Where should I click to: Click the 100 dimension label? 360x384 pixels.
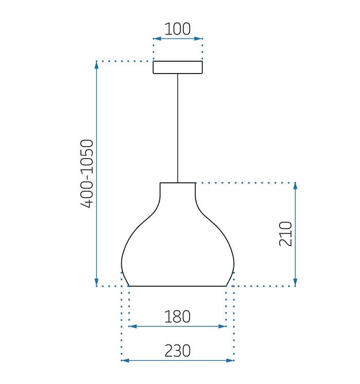tap(177, 29)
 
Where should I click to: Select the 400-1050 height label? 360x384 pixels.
tap(87, 174)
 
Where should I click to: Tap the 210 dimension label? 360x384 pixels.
tap(285, 234)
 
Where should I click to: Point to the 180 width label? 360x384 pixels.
tap(177, 317)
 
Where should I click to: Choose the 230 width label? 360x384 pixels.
tap(177, 351)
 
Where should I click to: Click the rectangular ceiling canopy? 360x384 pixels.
tap(177, 67)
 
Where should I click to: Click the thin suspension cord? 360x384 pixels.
tap(177, 128)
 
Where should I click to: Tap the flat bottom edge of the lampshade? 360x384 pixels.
tap(177, 286)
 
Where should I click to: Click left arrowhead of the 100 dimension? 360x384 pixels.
tap(157, 39)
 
